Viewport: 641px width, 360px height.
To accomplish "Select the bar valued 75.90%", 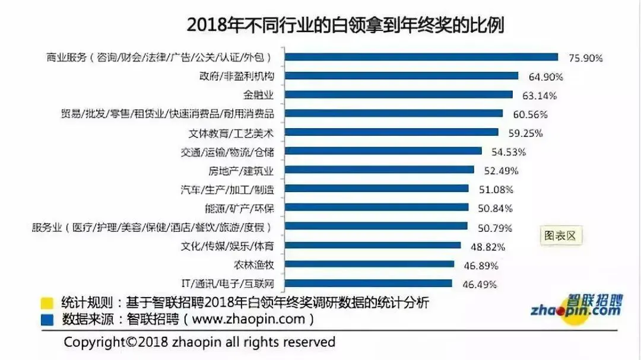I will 421,57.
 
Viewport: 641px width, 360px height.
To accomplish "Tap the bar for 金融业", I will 399,94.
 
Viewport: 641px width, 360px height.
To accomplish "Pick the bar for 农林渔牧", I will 370,265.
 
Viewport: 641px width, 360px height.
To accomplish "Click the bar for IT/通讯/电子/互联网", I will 369,283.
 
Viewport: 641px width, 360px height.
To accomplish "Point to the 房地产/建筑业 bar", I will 380,170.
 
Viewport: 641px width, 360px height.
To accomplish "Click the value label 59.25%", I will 525,133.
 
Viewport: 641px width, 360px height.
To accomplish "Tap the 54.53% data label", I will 509,152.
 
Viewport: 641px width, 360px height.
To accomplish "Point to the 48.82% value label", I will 488,247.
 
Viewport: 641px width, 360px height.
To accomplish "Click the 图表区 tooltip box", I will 560,235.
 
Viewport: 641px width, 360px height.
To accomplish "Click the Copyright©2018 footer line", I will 199,342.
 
